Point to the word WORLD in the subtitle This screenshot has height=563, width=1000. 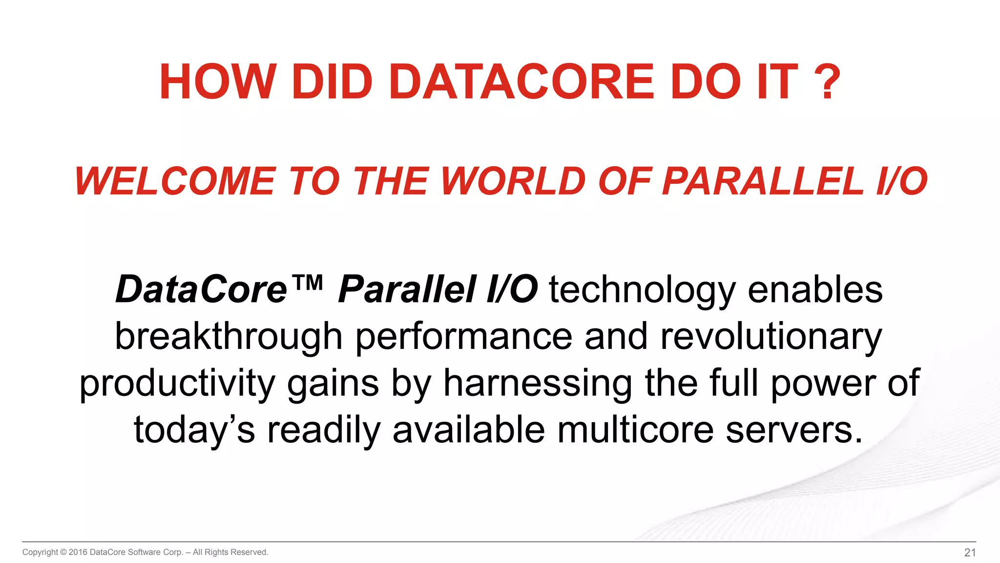pos(513,181)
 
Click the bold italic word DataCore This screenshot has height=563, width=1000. pos(201,290)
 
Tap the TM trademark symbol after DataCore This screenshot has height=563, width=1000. pos(307,283)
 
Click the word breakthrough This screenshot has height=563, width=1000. pos(229,337)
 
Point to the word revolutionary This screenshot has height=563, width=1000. pos(771,337)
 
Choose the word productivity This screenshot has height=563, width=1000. pos(177,384)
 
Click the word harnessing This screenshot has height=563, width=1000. pos(538,384)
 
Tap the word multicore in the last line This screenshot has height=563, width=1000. pos(635,430)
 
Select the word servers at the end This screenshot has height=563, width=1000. pos(793,430)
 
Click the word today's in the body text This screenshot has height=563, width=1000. pos(194,430)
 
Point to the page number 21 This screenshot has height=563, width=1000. pos(970,553)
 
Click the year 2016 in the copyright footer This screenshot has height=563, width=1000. pos(78,552)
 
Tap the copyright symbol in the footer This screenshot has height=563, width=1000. pos(63,552)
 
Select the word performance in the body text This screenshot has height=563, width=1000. pos(463,337)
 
